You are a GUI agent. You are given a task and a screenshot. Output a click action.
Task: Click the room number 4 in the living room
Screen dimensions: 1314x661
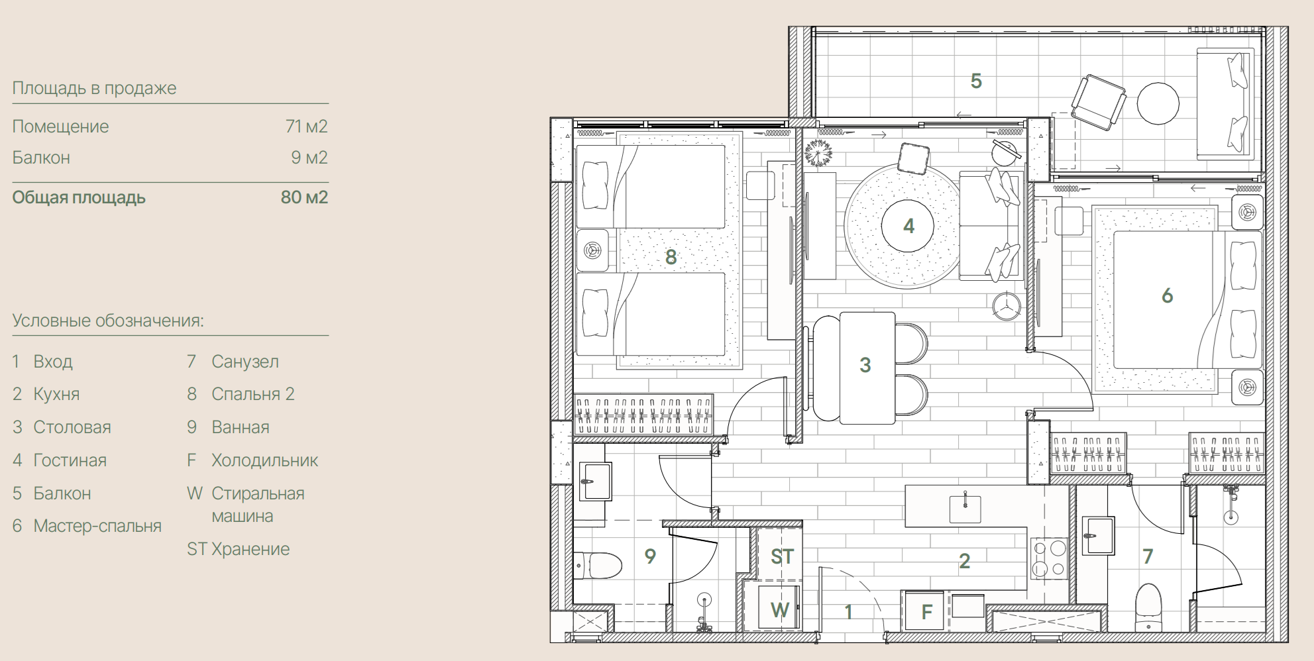coord(908,227)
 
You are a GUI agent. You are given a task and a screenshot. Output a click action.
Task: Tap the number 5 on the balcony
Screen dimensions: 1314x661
coord(976,81)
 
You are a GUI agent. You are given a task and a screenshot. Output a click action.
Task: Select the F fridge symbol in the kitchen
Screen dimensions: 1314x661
coord(927,612)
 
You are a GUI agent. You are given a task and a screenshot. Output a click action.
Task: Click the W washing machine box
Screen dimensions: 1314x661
coord(779,609)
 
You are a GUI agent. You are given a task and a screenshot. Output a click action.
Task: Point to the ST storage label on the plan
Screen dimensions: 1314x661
coord(782,557)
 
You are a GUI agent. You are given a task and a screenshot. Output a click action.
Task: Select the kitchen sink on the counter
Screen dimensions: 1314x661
coord(965,508)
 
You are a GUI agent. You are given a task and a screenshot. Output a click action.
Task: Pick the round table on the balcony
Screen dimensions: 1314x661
coord(1158,103)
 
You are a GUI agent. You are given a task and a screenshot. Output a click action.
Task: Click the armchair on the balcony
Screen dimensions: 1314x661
coord(1098,103)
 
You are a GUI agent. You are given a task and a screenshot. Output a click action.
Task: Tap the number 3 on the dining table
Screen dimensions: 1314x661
coord(865,365)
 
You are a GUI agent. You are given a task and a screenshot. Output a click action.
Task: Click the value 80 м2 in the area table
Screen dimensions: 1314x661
coord(304,197)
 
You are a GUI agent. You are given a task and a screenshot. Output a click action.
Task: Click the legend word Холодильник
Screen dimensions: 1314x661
coord(264,460)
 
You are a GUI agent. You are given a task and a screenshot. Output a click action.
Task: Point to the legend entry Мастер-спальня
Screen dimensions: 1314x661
coord(97,527)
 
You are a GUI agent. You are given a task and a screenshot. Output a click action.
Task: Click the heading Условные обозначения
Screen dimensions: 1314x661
coord(108,321)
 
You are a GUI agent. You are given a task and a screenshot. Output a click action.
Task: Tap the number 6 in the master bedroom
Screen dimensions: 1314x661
coord(1168,295)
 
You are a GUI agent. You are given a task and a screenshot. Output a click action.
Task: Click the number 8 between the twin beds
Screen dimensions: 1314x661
coord(671,257)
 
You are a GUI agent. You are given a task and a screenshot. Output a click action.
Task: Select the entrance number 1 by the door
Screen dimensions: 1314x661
coord(848,612)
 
